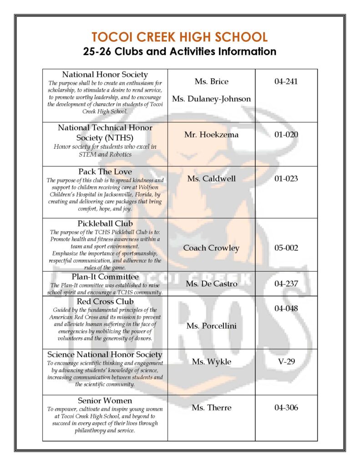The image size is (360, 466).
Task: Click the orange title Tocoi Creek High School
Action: [180, 37]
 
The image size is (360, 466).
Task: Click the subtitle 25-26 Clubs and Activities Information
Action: [180, 51]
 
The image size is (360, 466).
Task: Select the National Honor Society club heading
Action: [105, 74]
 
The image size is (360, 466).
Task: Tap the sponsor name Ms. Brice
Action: [211, 81]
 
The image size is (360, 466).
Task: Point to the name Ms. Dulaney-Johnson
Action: [211, 99]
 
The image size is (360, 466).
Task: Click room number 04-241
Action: [286, 81]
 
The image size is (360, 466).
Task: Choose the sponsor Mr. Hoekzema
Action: [211, 135]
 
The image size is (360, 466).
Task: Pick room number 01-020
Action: [286, 135]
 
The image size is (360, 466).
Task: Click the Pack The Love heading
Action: [105, 172]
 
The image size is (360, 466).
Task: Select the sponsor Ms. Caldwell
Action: [211, 178]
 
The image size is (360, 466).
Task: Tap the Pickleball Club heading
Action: [105, 224]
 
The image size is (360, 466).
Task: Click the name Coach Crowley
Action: [211, 248]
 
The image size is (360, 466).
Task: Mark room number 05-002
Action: [286, 248]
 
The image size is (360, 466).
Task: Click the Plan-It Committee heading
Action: [105, 277]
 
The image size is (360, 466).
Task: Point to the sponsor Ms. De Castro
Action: [211, 284]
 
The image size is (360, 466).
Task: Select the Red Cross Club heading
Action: [105, 302]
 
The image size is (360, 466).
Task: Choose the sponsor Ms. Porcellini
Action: [211, 326]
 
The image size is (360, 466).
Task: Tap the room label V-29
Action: [286, 362]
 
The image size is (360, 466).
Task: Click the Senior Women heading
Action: [105, 401]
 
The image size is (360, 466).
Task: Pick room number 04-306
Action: [286, 408]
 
